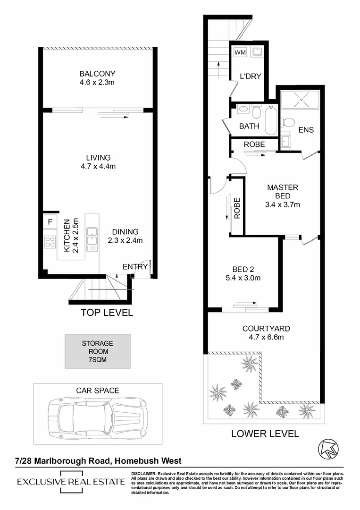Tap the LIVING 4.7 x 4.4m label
(98, 162)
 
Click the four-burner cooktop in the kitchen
(50, 242)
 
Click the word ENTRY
(135, 267)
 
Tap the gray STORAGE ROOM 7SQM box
(97, 351)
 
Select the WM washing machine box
(240, 52)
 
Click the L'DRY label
(250, 76)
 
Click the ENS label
(306, 129)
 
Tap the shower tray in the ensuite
(300, 102)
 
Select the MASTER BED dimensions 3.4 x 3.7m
(283, 204)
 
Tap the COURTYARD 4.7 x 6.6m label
(266, 332)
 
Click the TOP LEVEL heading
(107, 312)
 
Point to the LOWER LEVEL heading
(265, 433)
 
